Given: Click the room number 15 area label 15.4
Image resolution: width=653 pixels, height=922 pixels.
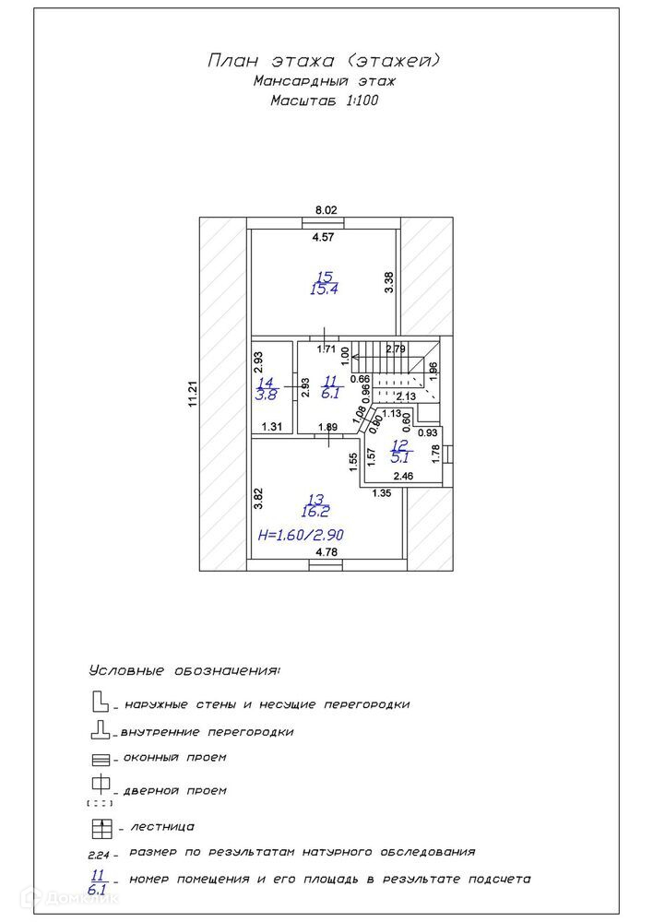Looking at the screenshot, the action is [323, 283].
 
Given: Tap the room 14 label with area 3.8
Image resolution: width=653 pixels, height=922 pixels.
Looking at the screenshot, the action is [266, 388].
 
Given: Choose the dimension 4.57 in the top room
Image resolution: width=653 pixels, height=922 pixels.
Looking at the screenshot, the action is [322, 238].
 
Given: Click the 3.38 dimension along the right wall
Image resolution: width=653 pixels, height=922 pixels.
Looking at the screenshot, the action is [389, 282].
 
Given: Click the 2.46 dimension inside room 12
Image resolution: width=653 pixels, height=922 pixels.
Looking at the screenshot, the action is [403, 476].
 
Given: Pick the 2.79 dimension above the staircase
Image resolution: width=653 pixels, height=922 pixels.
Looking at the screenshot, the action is [396, 349].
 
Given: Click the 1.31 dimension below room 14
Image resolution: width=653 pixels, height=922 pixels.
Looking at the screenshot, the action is [271, 427].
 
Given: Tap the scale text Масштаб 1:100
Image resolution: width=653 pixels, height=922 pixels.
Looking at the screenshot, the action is [325, 100].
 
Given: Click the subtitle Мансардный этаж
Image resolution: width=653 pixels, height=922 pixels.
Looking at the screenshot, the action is [324, 81].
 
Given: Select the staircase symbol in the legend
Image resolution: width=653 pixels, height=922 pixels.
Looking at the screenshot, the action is [101, 826].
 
